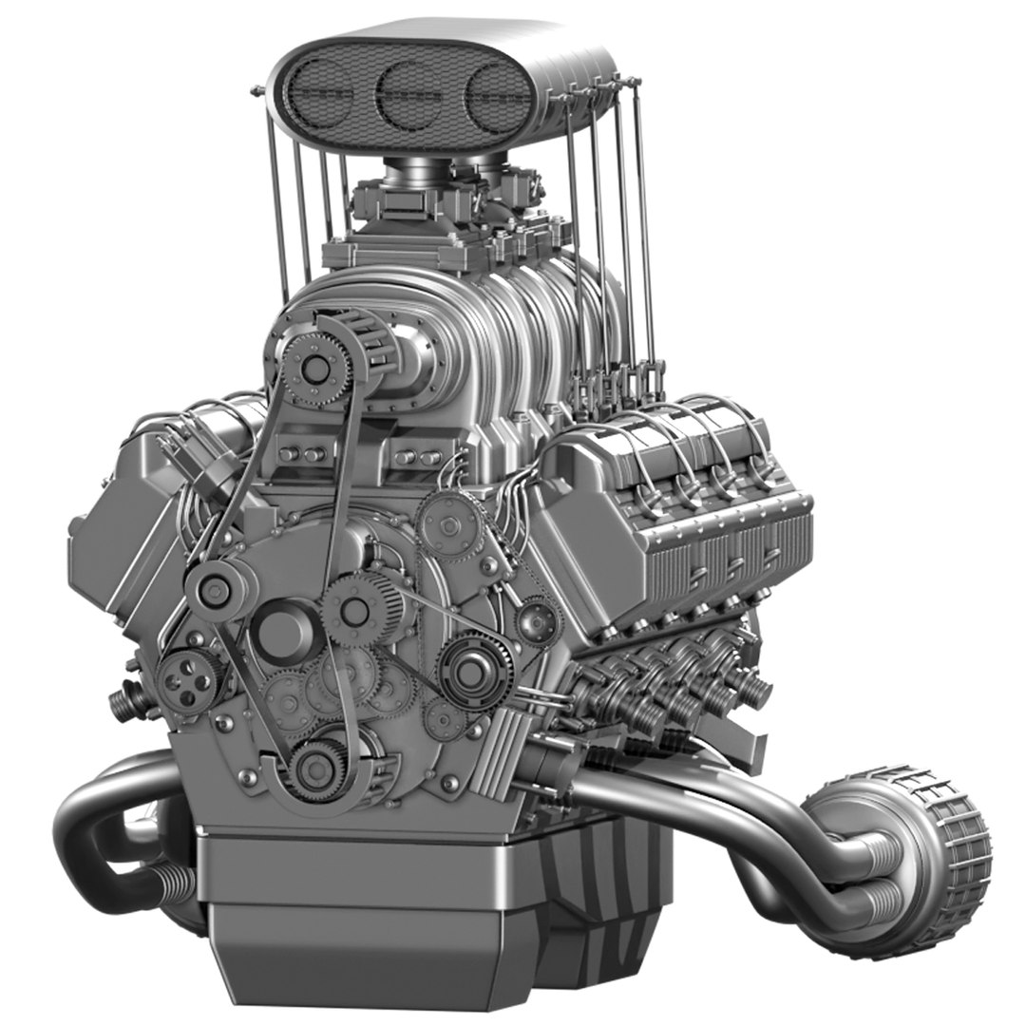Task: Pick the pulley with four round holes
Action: (182, 680)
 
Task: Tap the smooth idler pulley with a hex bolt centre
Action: (211, 589)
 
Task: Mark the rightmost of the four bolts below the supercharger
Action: (425, 457)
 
